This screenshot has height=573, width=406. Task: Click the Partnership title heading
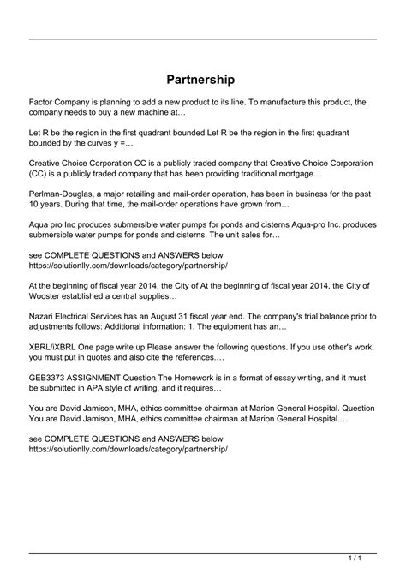tap(203, 79)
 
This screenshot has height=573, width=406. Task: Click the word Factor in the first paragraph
tap(44, 101)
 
